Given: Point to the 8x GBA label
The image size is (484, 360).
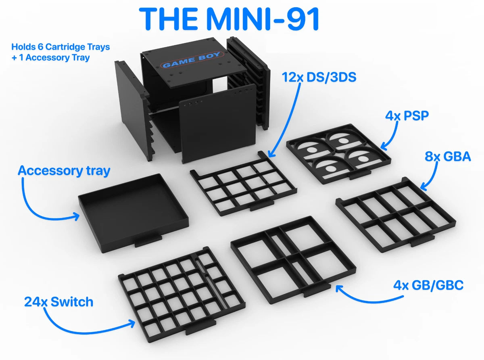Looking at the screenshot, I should pyautogui.click(x=448, y=156).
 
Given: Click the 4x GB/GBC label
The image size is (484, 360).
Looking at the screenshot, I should pyautogui.click(x=428, y=285).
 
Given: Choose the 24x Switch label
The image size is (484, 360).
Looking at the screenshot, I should pyautogui.click(x=58, y=301).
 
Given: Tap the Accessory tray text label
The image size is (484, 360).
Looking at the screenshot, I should pyautogui.click(x=64, y=170).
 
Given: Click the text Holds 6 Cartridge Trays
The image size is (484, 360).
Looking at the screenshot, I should pyautogui.click(x=60, y=47).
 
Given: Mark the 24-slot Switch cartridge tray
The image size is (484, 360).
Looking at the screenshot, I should pyautogui.click(x=181, y=289).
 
